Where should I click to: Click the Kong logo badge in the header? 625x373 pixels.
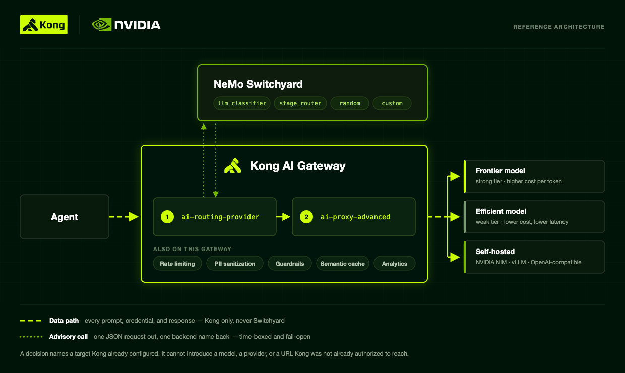(x=44, y=25)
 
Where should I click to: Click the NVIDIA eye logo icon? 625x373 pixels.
(x=102, y=25)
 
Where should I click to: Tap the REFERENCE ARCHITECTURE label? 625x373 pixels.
(x=558, y=27)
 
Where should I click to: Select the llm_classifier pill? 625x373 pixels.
(x=242, y=103)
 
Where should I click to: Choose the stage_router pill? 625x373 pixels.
(x=300, y=103)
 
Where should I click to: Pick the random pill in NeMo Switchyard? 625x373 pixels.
(x=350, y=103)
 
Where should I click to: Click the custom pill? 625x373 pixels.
(x=392, y=103)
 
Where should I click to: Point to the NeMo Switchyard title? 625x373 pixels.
(x=258, y=84)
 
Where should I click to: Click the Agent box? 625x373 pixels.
(x=65, y=217)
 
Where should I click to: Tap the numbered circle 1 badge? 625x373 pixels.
(x=167, y=217)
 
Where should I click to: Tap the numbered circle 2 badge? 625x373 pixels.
(x=306, y=217)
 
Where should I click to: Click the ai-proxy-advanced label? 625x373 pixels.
(x=355, y=217)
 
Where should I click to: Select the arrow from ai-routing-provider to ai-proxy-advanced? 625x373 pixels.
(x=283, y=217)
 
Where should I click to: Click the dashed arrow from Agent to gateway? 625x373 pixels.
(x=123, y=217)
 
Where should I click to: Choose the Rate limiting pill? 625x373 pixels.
(x=177, y=263)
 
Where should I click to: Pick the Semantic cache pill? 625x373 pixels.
(x=342, y=263)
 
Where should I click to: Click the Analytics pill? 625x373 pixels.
(x=394, y=263)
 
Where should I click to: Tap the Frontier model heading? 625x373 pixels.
(x=500, y=171)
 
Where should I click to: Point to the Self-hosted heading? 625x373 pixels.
(x=495, y=252)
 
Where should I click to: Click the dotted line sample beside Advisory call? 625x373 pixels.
(x=31, y=337)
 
